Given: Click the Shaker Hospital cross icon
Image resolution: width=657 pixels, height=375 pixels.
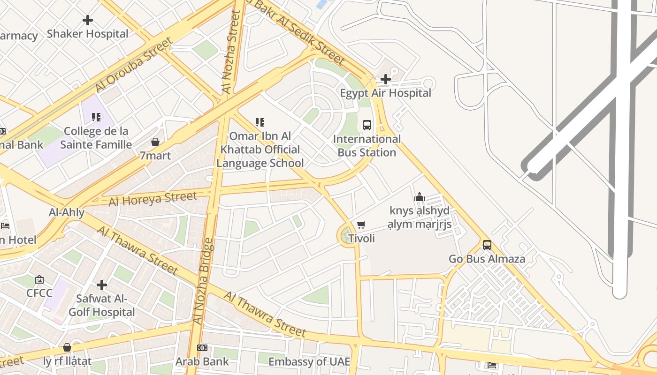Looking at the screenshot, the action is pyautogui.click(x=88, y=20).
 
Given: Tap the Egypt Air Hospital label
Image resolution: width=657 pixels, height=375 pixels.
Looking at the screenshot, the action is pyautogui.click(x=385, y=93).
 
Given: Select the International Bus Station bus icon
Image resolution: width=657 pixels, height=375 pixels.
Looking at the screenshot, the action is pyautogui.click(x=367, y=125).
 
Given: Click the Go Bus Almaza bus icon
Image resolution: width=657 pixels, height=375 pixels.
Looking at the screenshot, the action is pyautogui.click(x=487, y=245).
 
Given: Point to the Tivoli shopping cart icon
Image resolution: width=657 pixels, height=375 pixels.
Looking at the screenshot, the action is pyautogui.click(x=361, y=225).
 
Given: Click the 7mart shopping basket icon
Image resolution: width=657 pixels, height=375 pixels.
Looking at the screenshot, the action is pyautogui.click(x=155, y=142).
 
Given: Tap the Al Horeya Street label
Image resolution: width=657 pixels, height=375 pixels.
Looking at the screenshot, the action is pyautogui.click(x=153, y=199).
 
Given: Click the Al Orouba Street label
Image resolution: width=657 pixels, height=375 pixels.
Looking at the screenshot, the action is pyautogui.click(x=133, y=65).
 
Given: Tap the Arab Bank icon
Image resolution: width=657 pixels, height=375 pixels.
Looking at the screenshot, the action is pyautogui.click(x=202, y=348).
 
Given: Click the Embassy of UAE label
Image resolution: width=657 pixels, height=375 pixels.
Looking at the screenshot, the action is pyautogui.click(x=309, y=362).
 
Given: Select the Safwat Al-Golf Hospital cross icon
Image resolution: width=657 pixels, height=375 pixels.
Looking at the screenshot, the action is pyautogui.click(x=102, y=285).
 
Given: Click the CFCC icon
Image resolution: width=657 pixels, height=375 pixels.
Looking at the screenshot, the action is pyautogui.click(x=39, y=280).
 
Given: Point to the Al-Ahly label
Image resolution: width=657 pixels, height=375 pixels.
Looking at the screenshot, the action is pyautogui.click(x=67, y=212).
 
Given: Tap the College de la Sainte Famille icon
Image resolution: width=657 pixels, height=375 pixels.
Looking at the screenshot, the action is pyautogui.click(x=96, y=117).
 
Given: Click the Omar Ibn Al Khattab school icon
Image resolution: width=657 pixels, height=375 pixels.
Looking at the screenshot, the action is pyautogui.click(x=260, y=122).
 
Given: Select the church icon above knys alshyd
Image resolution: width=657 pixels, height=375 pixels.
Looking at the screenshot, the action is pyautogui.click(x=420, y=197).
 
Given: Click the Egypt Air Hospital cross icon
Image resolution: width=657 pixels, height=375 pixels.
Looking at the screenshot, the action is pyautogui.click(x=386, y=79).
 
